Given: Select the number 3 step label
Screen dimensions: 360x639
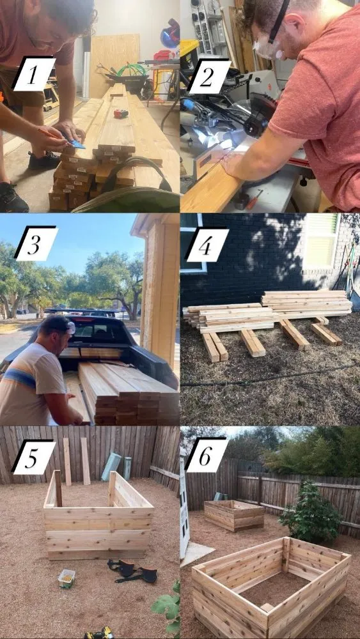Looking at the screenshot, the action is pos(36,243).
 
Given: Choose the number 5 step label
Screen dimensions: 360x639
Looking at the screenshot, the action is pos(33,457).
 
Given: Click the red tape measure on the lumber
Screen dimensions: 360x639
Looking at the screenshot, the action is pos(121,114).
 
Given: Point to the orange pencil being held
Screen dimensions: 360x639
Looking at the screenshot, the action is pos(52,134).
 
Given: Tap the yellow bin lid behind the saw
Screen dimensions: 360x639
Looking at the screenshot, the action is pos(189,49).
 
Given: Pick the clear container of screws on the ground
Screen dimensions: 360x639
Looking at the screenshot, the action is pos(67,578).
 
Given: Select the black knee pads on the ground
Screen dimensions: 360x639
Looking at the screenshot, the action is pos(132,571).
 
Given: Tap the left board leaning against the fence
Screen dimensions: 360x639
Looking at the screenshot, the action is pos(67,461).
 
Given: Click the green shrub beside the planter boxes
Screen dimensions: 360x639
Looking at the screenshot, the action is pos(311,508).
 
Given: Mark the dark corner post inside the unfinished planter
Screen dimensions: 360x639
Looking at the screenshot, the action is pos(58,488).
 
